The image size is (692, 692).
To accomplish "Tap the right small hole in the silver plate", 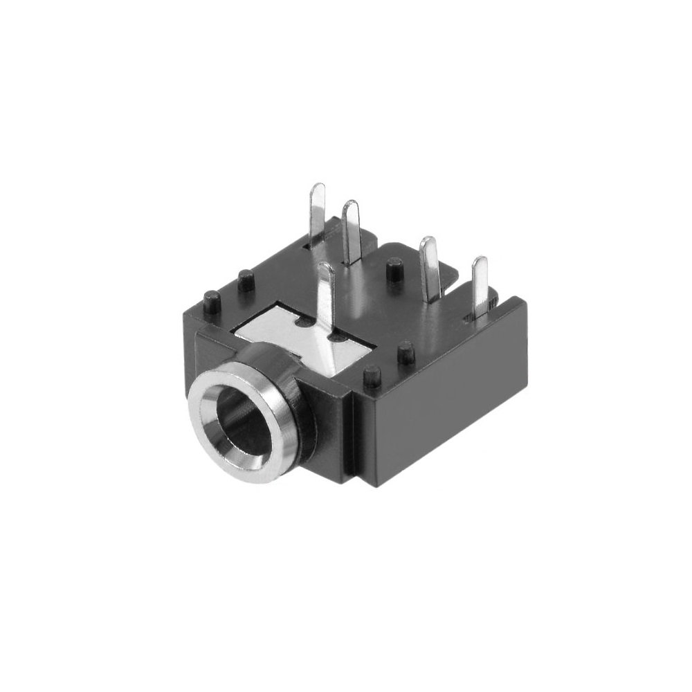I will [x=339, y=338].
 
